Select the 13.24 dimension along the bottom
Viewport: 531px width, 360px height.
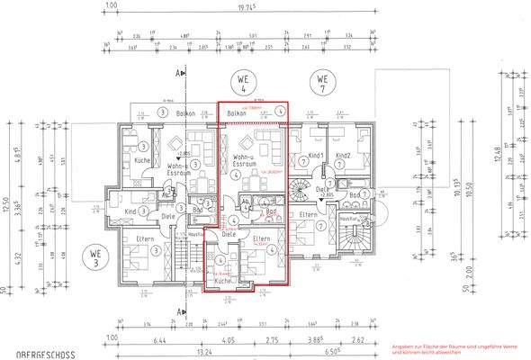click(x=199, y=353)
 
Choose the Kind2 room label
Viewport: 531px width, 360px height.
click(x=342, y=156)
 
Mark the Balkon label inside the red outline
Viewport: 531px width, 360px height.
click(x=237, y=113)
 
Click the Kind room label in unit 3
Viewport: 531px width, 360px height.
click(x=130, y=211)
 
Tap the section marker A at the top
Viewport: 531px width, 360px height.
click(x=181, y=71)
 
